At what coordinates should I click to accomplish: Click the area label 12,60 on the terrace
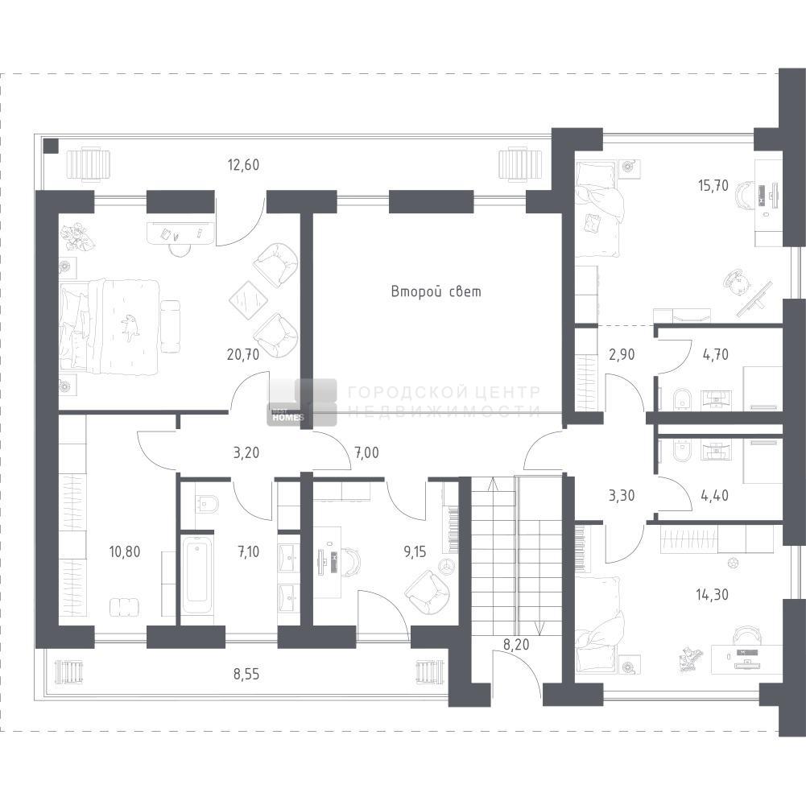243,165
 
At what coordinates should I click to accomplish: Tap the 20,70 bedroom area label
243,354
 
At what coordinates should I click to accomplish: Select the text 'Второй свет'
436,291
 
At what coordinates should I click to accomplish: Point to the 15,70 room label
713,186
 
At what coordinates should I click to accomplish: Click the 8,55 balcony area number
246,674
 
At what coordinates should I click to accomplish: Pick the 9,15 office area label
415,552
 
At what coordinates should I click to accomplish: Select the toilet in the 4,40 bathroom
683,451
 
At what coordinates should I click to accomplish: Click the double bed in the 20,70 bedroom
109,326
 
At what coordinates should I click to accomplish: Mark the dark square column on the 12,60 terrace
51,146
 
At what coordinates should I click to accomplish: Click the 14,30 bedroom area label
712,595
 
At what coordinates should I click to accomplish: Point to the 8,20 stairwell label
516,644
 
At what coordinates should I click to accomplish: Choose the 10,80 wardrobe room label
124,551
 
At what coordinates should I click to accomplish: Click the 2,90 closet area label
622,354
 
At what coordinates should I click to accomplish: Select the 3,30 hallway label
622,496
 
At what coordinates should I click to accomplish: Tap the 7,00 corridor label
366,453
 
